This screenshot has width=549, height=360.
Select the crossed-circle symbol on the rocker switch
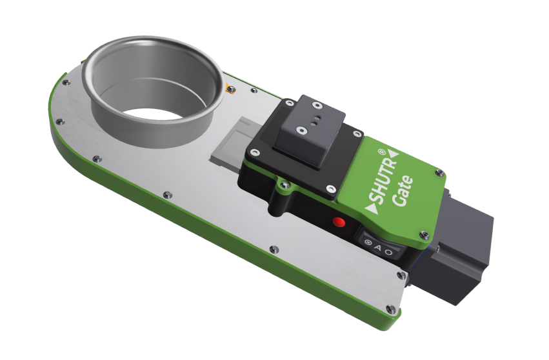368,243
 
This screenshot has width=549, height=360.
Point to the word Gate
403,192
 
